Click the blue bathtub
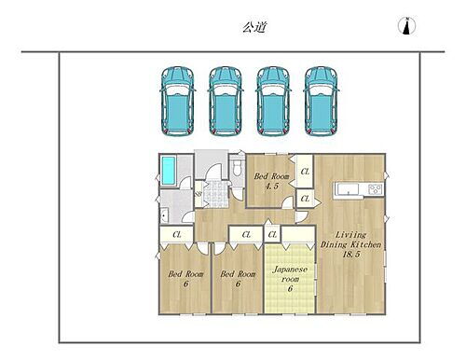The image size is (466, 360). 170,171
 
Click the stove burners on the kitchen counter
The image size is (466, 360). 374,190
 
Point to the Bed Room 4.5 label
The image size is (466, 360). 272,180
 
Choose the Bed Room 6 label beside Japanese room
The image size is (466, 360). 238,280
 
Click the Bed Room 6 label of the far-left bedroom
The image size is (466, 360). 185,280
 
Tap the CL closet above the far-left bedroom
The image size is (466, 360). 177,235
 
